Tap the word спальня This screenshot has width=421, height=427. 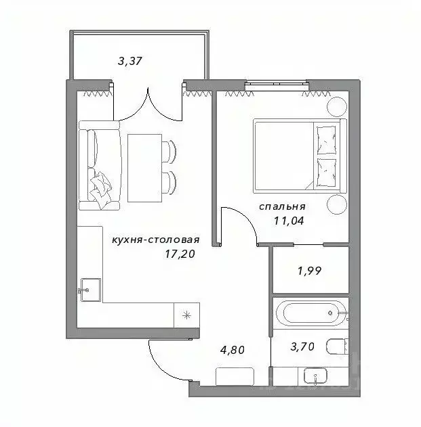click(x=282, y=206)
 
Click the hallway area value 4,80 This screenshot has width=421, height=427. click(x=232, y=351)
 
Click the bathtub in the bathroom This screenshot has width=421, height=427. click(x=310, y=313)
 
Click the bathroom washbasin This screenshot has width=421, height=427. click(x=313, y=376)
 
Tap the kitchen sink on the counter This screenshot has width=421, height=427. click(x=89, y=290)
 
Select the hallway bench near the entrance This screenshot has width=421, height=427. click(x=235, y=376)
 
